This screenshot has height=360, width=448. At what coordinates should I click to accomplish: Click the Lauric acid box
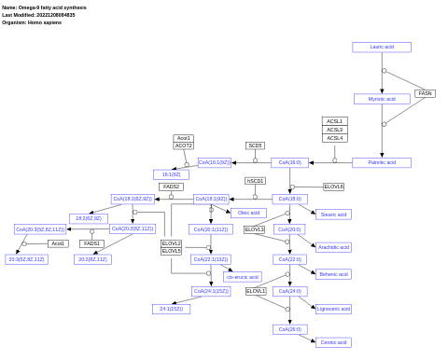[x=381, y=48]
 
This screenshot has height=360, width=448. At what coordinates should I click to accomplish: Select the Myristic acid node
[x=382, y=99]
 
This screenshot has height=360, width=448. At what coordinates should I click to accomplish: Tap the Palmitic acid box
[x=382, y=162]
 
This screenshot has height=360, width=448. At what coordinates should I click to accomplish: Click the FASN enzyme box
[x=425, y=93]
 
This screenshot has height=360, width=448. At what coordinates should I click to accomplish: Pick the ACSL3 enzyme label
[x=334, y=130]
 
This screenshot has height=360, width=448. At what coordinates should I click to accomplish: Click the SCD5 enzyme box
[x=255, y=145]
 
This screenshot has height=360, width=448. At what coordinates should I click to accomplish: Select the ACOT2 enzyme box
[x=184, y=145]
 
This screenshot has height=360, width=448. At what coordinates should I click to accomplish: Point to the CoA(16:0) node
[x=289, y=162]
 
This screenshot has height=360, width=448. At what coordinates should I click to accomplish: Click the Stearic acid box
[x=333, y=215]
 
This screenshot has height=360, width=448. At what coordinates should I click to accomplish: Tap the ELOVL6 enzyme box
[x=333, y=187]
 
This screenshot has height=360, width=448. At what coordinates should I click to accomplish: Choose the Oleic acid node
[x=248, y=213]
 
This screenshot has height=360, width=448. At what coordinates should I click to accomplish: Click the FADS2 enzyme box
[x=171, y=187]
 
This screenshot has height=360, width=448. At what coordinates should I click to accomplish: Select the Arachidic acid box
[x=333, y=247]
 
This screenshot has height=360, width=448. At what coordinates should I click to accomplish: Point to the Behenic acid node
[x=333, y=274]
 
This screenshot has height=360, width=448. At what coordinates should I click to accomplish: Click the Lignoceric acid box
[x=333, y=309]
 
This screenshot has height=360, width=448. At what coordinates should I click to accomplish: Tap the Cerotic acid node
[x=333, y=342]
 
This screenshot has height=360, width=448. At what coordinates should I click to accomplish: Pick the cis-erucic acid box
[x=243, y=277]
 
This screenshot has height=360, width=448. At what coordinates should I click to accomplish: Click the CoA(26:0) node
[x=289, y=329]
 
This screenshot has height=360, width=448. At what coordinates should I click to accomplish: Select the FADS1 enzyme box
[x=91, y=243]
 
